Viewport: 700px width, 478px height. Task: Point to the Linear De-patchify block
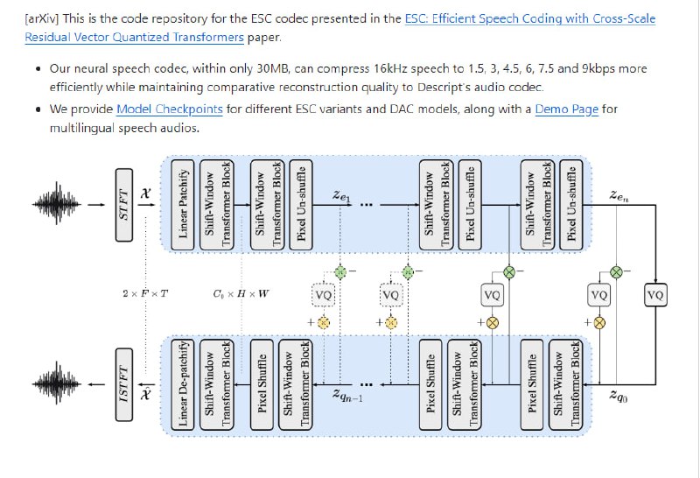pos(184,383)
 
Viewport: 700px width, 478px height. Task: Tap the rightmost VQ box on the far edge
pos(654,296)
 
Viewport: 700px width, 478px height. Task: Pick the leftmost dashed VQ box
pos(323,296)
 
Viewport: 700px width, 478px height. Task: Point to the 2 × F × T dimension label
pos(146,293)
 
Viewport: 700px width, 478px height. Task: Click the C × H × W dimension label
pos(241,293)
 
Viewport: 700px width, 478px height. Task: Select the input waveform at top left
pos(60,206)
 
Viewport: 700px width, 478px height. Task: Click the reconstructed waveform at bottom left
pos(60,383)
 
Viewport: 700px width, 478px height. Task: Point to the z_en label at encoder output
pos(619,200)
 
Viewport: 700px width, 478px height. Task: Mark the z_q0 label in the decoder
pos(618,395)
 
